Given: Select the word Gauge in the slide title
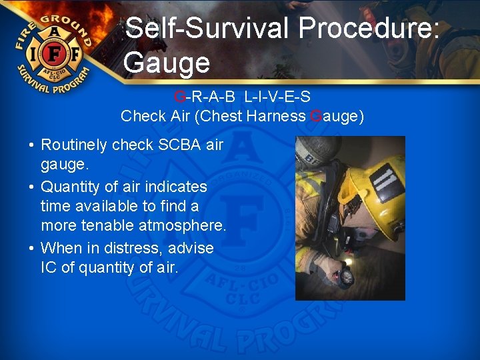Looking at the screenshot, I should pos(167,63).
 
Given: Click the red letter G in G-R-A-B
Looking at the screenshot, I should pos(180,97).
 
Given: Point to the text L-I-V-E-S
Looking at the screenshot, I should pos(277,97).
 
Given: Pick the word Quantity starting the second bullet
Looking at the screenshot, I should pos(69,187).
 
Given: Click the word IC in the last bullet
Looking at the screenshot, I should pos(49,269).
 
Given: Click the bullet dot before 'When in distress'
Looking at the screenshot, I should pos(31,249).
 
